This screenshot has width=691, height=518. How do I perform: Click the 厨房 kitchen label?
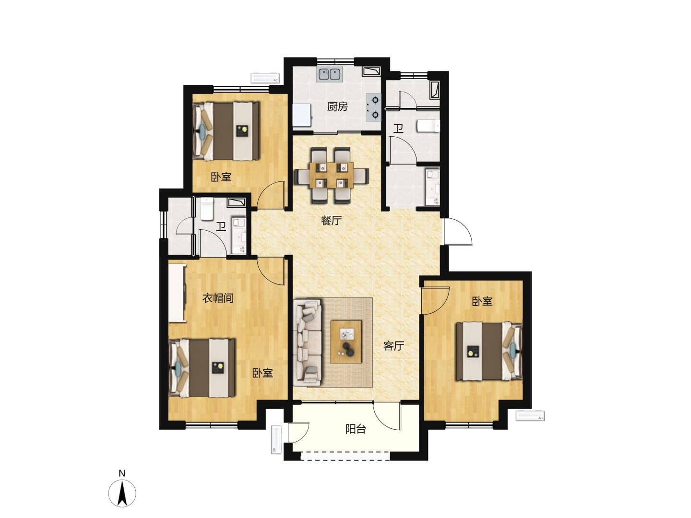click(337, 107)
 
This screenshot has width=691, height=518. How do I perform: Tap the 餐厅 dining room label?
click(331, 221)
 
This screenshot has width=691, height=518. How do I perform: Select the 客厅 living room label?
click(393, 346)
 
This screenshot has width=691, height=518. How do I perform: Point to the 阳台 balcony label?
click(356, 429)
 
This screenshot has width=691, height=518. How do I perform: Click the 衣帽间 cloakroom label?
click(218, 298)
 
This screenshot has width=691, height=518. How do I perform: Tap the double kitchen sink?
click(330, 74)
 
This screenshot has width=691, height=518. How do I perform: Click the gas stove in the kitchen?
click(373, 107)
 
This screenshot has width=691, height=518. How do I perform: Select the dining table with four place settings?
click(332, 175)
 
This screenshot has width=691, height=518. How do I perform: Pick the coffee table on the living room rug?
click(346, 342)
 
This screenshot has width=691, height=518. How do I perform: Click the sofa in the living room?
click(308, 342)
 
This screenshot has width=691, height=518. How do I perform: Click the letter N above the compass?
click(122, 473)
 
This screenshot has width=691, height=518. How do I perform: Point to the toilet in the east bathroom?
click(428, 126)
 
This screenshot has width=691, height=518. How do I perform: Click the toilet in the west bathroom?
click(207, 209)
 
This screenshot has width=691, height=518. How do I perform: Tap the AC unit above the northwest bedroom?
click(265, 78)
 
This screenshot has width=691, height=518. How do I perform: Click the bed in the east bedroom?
click(489, 351)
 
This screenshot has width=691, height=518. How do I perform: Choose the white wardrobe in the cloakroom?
click(178, 293)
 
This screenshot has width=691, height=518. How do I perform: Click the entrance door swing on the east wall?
click(458, 232)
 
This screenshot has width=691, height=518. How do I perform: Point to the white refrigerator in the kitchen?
click(302, 115)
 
